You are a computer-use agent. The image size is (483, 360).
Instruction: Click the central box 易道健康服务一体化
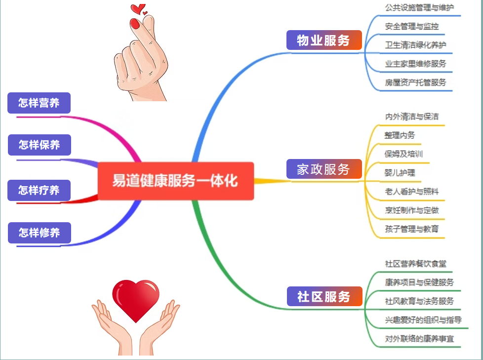point(176,181)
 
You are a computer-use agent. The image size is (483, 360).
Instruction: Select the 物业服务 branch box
point(324,40)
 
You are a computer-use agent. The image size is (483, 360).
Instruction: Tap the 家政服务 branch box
point(324,169)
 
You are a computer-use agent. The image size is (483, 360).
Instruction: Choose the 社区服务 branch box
point(324,296)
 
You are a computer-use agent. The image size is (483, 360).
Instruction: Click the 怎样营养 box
point(39,103)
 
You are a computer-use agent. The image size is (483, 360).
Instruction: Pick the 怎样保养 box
point(40,145)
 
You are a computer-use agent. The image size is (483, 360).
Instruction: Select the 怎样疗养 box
point(39,190)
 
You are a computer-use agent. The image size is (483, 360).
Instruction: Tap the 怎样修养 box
point(40,233)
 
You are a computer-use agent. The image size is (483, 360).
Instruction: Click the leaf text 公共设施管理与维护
point(419,7)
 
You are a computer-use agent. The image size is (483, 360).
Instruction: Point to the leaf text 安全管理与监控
point(411,26)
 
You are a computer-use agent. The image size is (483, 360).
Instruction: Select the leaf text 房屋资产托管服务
point(415,82)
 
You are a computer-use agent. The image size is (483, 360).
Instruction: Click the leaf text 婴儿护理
point(400,173)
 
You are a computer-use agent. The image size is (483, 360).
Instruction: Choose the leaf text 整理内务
point(400,135)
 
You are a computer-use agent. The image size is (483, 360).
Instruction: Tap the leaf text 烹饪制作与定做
point(411,210)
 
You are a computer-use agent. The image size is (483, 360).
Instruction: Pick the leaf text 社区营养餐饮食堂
point(415,264)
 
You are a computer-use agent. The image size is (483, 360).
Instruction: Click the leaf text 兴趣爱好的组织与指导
point(423,320)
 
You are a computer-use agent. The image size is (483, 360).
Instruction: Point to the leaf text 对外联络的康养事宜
point(419,339)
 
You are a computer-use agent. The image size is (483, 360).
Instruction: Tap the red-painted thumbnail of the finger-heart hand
point(135,24)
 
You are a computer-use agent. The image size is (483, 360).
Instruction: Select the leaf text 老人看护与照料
point(411,192)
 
